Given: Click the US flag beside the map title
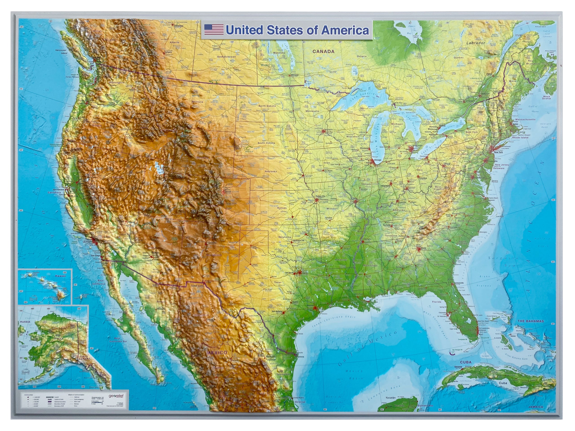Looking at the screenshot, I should click(214, 30).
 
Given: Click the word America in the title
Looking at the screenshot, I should click(345, 30).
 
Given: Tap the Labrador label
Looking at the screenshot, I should click(476, 43).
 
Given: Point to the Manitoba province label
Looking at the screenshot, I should click(279, 53).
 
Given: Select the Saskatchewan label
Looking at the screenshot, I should click(226, 57).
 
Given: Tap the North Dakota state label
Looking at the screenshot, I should click(267, 106).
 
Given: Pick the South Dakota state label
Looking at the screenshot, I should click(266, 143).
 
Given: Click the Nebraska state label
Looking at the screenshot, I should click(270, 172).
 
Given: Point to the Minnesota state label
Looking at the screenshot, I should click(312, 111).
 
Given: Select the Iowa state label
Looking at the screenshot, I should click(327, 163).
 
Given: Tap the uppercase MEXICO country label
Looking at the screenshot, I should click(217, 352).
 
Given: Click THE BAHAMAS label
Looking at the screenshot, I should click(531, 321).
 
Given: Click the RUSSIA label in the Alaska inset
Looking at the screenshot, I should click(25, 322).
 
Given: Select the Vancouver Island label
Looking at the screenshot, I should click(61, 51).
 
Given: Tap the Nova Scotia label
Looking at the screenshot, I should click(546, 97).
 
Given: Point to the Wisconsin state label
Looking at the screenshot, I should click(353, 136).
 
